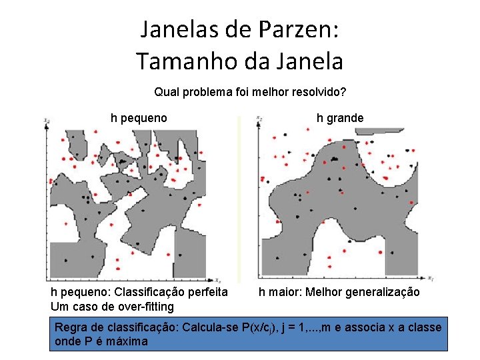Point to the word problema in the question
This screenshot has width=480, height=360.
pos(208,91)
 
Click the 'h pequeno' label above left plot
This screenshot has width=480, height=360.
pos(139,118)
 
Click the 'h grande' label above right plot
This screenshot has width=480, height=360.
pos(340,118)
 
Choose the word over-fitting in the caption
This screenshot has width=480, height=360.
pos(141,307)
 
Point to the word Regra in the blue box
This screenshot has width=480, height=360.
pos(69,327)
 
